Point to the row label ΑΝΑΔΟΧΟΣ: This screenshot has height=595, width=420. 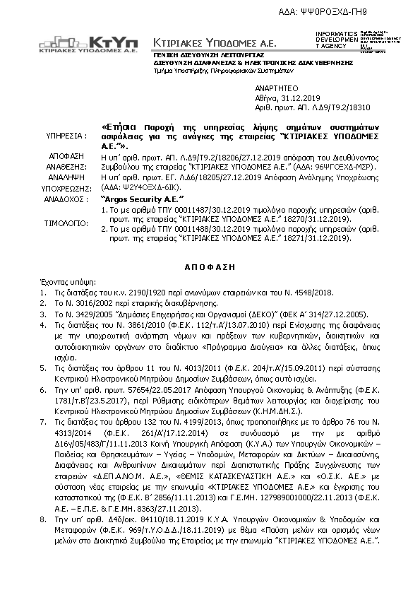(67, 200)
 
